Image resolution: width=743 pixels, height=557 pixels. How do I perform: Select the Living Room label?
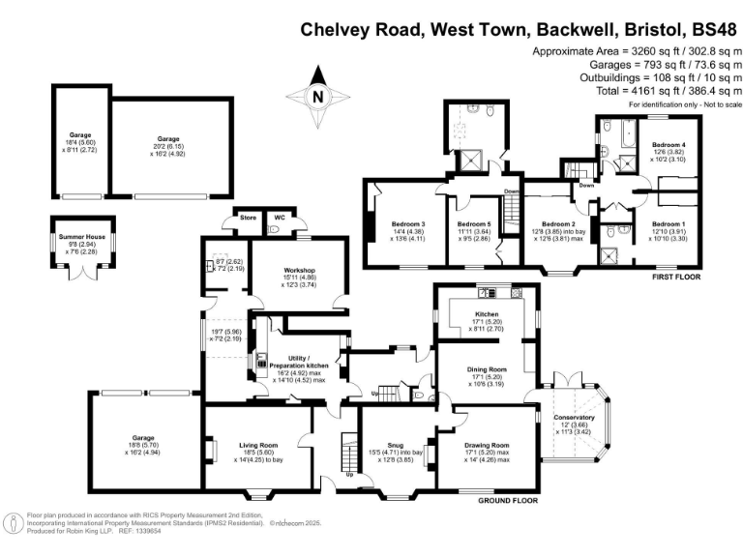click(258, 445)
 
